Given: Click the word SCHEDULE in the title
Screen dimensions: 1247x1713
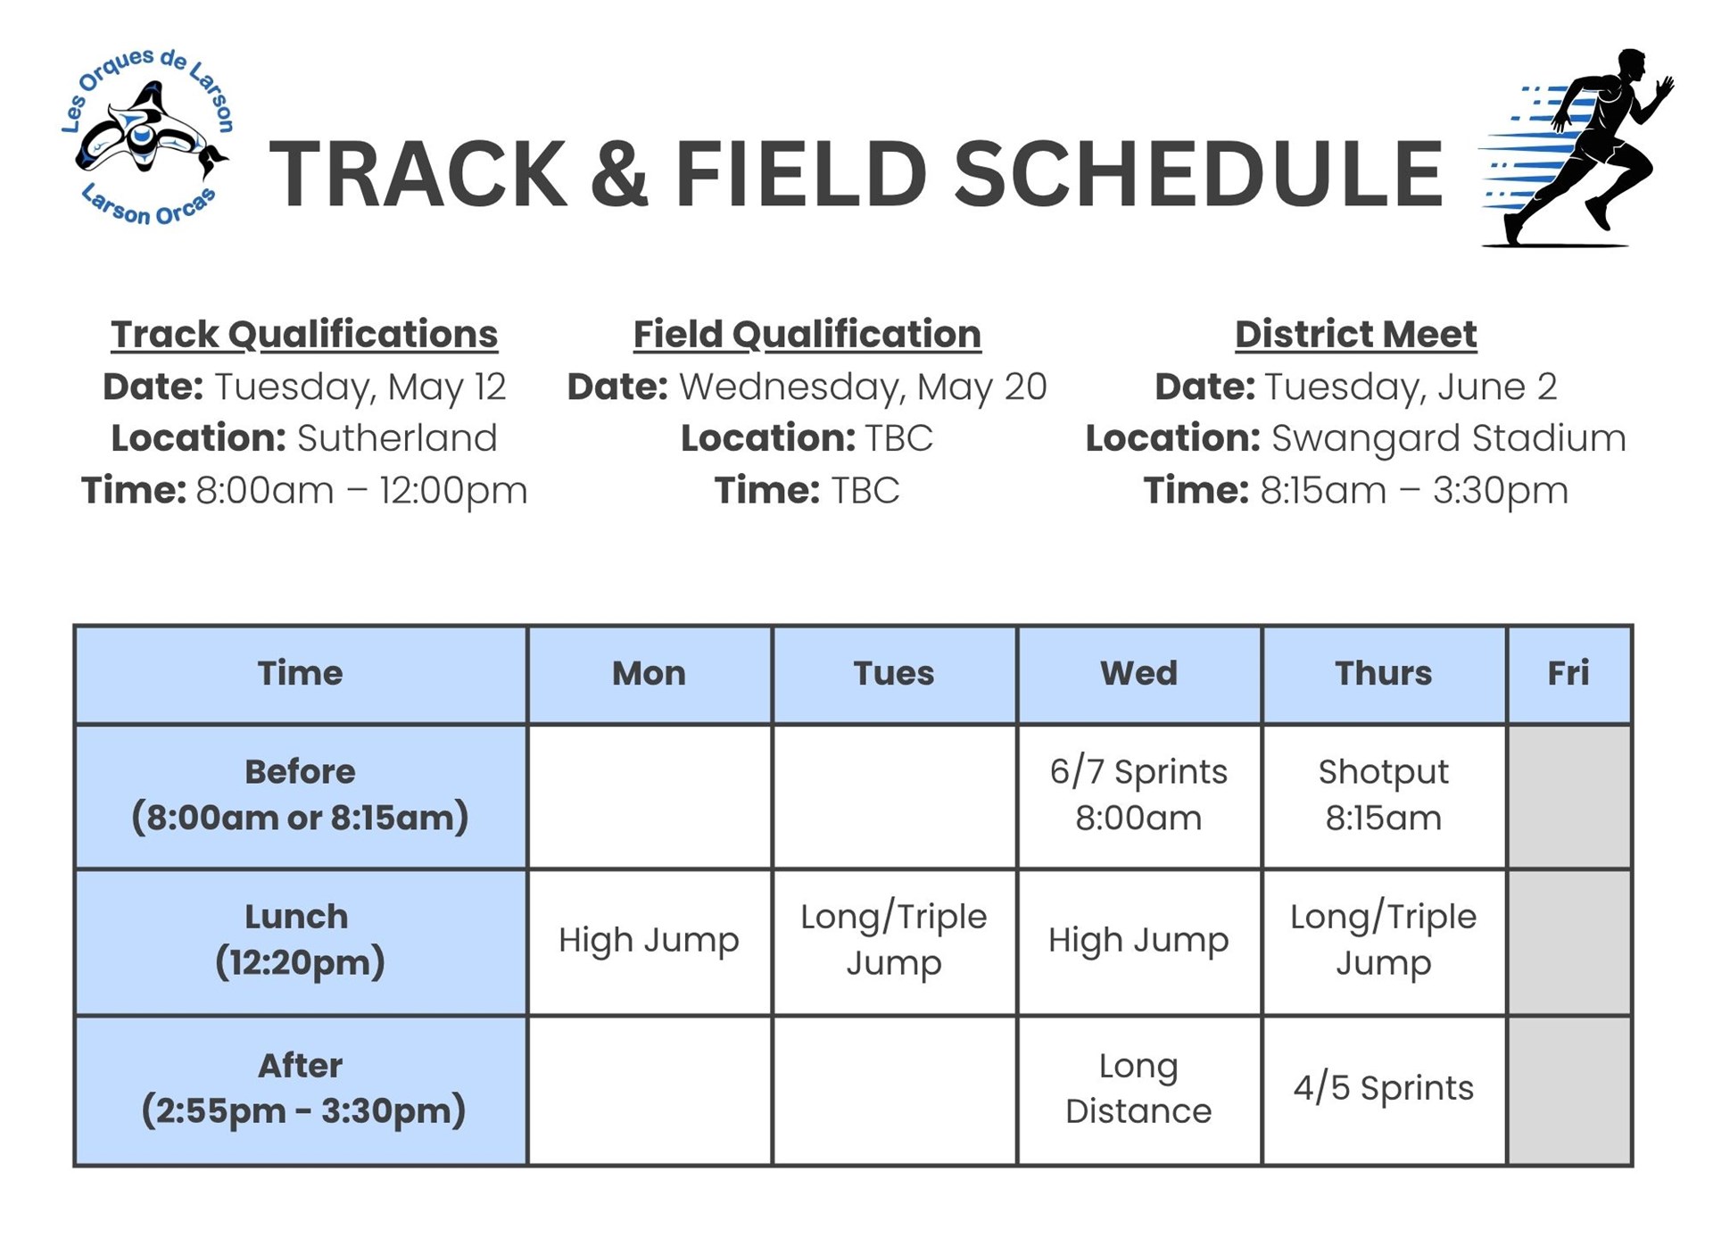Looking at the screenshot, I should [x=1197, y=174].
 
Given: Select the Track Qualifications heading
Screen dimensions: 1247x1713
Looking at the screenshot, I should [x=304, y=335].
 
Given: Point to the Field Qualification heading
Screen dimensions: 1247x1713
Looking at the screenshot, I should [x=807, y=335].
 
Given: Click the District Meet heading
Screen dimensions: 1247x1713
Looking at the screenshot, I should [x=1355, y=335].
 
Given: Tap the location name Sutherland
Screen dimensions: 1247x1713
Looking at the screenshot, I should [x=396, y=438].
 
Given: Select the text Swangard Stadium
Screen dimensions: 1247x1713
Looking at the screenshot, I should [x=1448, y=438].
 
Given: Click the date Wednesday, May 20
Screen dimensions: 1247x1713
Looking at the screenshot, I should [x=862, y=387].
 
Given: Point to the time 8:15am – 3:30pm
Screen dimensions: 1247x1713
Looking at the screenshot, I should [x=1413, y=490].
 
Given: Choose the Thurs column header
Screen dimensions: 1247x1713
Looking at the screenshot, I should [x=1383, y=673].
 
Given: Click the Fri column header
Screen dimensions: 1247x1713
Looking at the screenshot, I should [x=1568, y=673].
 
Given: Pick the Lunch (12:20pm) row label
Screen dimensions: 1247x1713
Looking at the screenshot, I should [x=300, y=940].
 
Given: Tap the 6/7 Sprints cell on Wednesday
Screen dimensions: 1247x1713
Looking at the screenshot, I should [x=1138, y=794].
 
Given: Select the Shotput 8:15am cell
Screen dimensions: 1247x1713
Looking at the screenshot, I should [x=1383, y=794].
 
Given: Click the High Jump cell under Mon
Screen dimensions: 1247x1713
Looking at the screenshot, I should [x=649, y=940].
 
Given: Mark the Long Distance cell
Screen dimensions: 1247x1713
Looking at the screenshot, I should [x=1138, y=1088].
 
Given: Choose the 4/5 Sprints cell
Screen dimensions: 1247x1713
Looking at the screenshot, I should [x=1383, y=1088].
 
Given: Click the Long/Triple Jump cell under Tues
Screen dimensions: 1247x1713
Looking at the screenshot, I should [x=893, y=940].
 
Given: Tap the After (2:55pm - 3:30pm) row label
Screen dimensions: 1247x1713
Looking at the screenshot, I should [x=302, y=1088].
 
